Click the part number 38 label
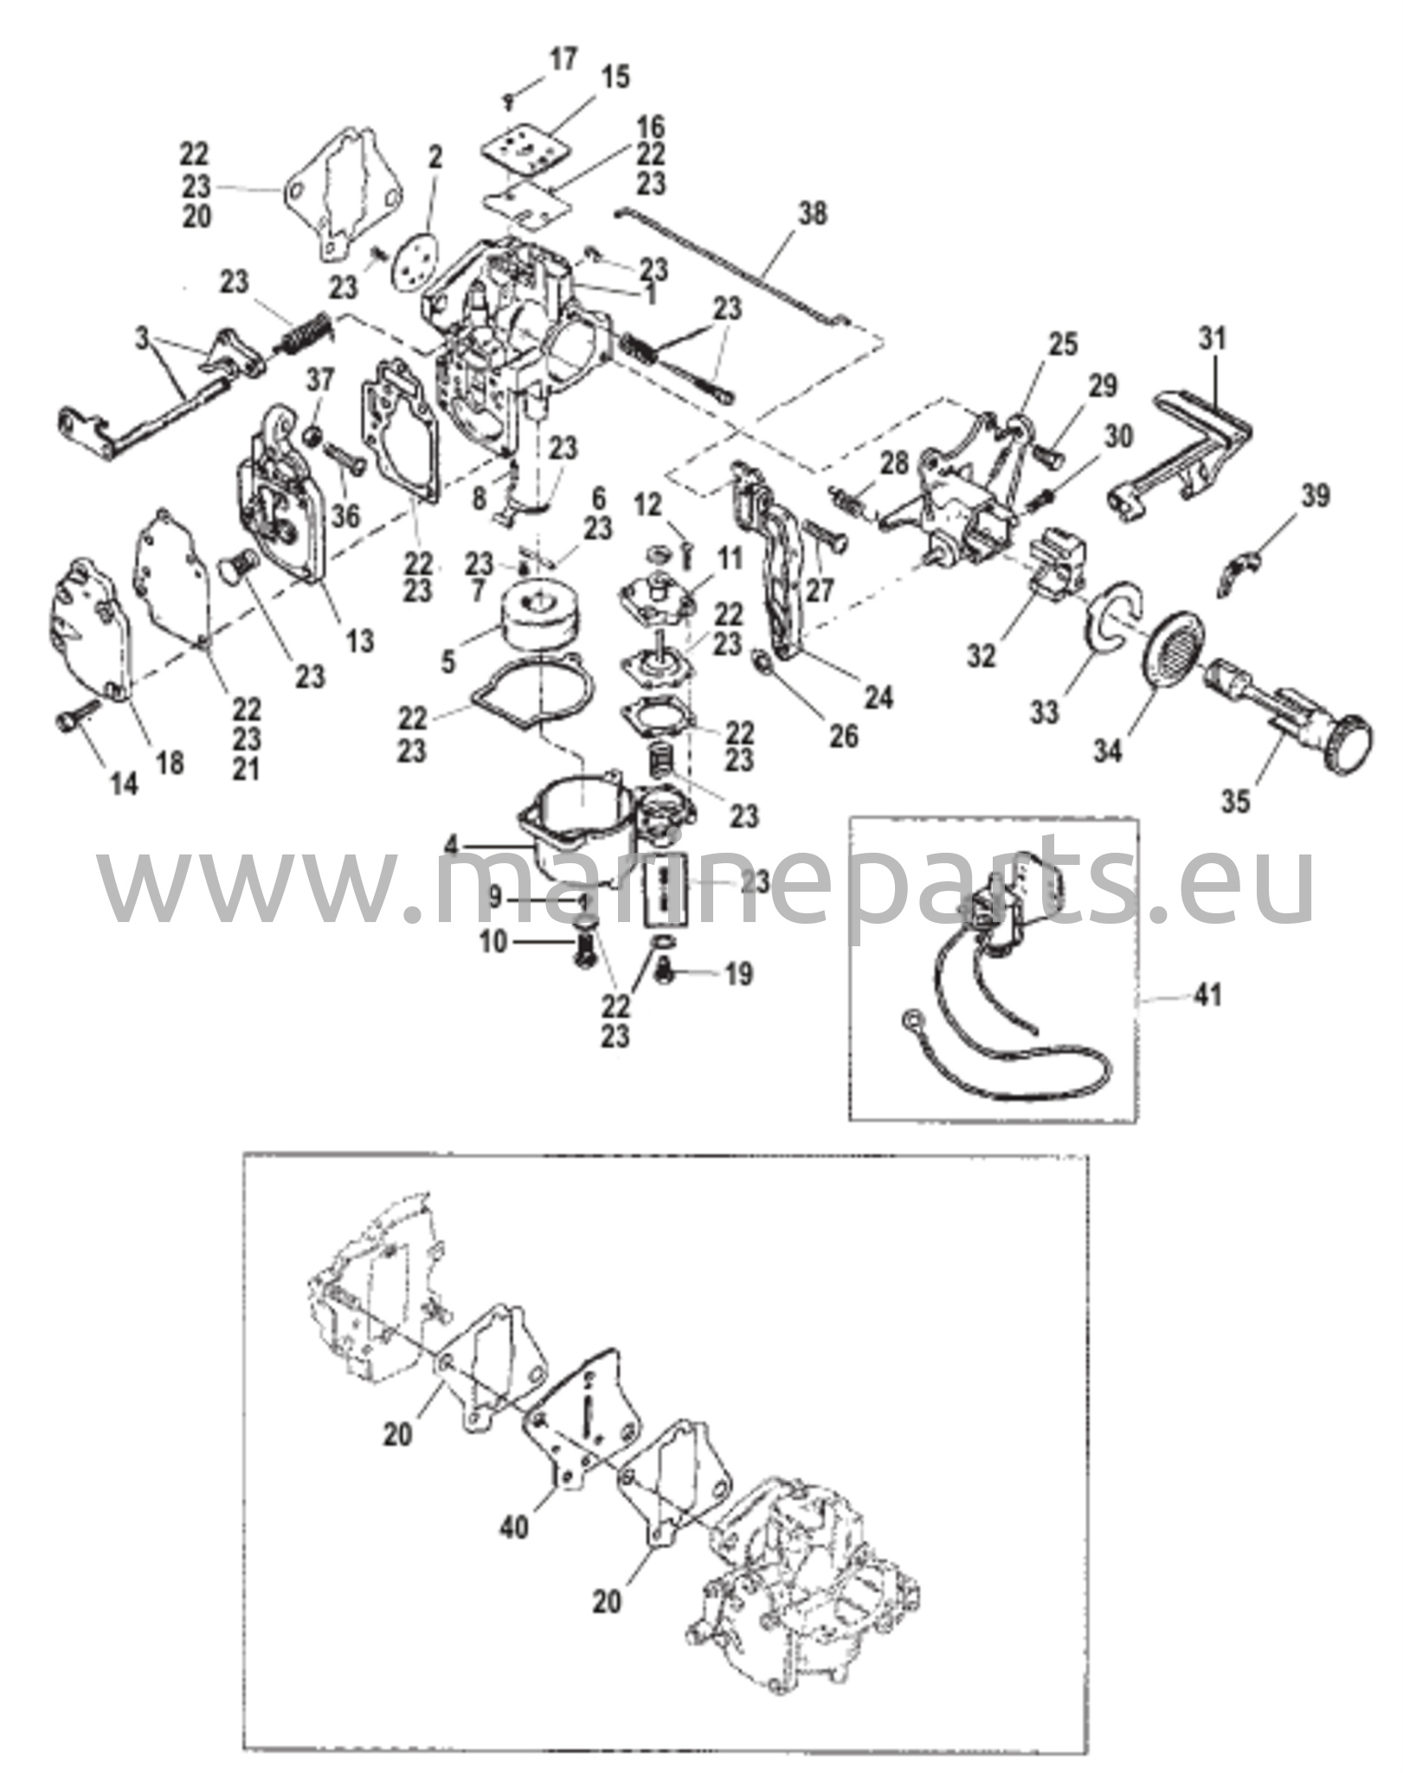[813, 213]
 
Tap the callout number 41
[1207, 996]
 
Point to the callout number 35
[1235, 802]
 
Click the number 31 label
[1213, 338]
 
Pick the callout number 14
[124, 784]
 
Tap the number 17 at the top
[562, 61]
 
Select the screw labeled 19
[666, 974]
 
